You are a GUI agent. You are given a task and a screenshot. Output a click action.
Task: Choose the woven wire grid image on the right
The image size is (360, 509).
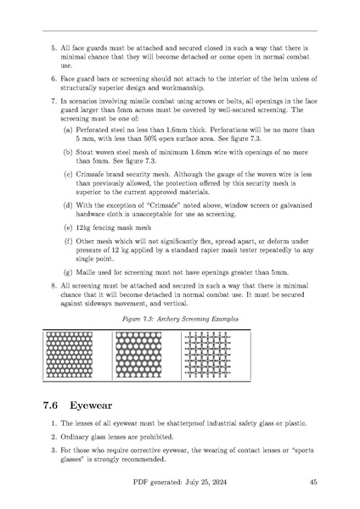(x=208, y=348)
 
